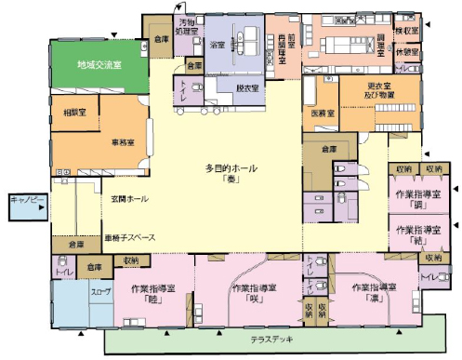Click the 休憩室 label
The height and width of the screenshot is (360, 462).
(407, 52)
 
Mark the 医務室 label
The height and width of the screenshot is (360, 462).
(323, 113)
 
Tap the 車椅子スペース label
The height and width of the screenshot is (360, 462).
(129, 236)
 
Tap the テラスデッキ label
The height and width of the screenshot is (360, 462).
(271, 340)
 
